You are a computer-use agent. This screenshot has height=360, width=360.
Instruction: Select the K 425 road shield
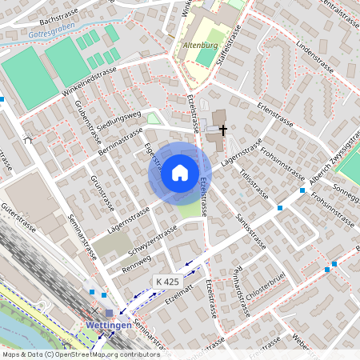167,282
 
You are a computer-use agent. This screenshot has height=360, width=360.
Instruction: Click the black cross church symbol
222,128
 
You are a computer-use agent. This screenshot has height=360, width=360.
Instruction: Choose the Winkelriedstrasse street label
89,82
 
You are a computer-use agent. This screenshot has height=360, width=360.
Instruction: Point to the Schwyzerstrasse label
152,237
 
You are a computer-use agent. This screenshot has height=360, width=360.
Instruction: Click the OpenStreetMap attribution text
70,354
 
